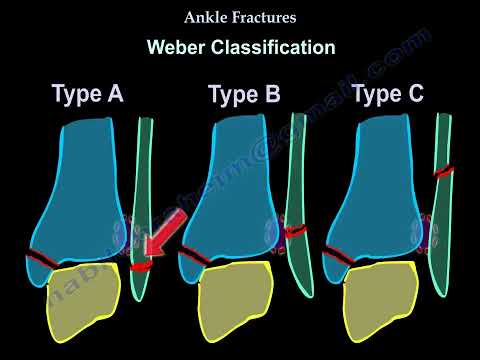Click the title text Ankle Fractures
pos(240,17)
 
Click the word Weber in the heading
pos(180,47)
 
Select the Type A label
pos(88,96)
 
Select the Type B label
pos(245,96)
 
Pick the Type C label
pos(389,96)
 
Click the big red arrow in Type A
pos(156,250)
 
